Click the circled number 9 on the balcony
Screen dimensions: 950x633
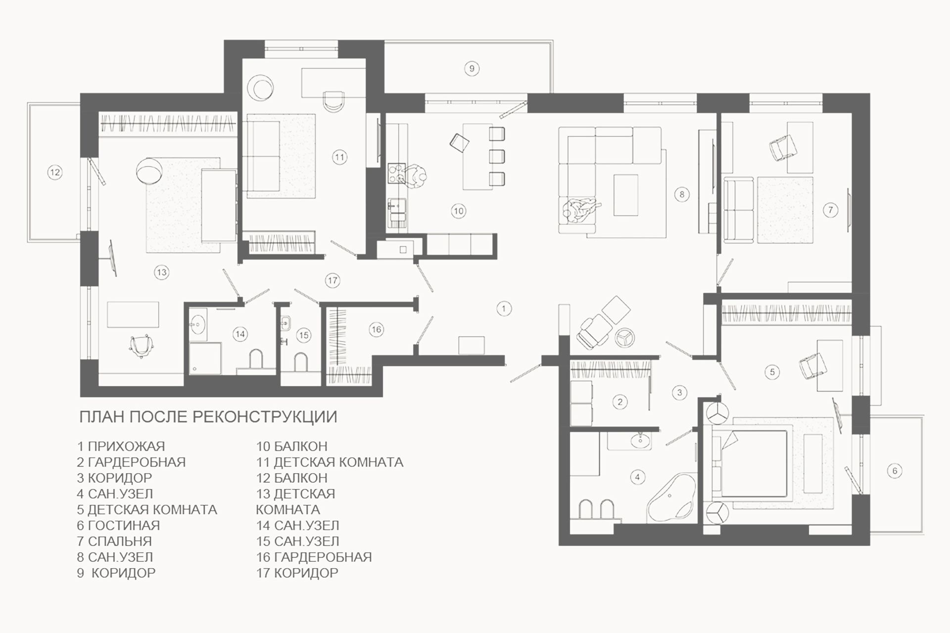click(x=472, y=68)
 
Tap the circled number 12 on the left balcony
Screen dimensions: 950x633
click(x=54, y=172)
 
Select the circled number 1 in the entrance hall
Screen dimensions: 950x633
click(x=504, y=309)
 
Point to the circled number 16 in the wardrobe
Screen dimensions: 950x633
click(x=376, y=329)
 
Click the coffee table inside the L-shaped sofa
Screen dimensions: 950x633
click(x=625, y=195)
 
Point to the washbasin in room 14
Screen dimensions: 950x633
click(x=198, y=323)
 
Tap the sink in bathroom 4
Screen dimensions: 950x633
click(x=641, y=440)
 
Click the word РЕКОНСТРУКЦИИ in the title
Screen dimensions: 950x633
click(x=264, y=417)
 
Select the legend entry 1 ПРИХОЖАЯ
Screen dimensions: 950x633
click(x=121, y=446)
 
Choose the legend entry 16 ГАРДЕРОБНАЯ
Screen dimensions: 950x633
click(x=314, y=557)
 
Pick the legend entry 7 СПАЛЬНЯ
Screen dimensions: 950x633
click(x=114, y=541)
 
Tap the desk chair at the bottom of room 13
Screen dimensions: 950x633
click(x=141, y=345)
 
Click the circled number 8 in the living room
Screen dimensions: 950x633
click(x=682, y=194)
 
